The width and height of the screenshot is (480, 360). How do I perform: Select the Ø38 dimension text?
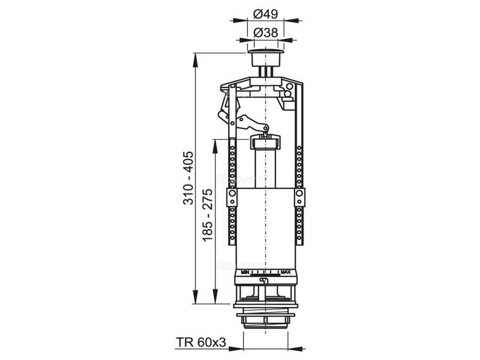tap(265, 32)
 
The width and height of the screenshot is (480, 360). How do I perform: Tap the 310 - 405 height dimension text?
tap(189, 178)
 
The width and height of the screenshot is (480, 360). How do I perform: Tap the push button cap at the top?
tap(265, 58)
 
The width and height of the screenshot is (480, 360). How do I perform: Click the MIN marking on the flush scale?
tap(245, 272)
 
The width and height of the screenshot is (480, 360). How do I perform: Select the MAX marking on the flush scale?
tap(286, 272)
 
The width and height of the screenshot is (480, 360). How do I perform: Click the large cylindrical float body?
tap(265, 228)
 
